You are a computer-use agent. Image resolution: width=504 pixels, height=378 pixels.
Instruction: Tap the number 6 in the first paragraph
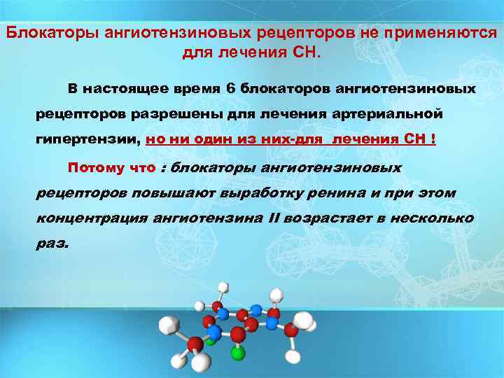[232, 89]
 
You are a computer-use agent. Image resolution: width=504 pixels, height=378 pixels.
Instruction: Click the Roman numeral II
[274, 218]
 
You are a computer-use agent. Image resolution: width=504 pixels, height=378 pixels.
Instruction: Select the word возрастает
[328, 218]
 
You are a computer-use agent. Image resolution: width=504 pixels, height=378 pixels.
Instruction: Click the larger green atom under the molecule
[238, 352]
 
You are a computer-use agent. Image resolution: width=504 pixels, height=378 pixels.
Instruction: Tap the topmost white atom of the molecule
[223, 287]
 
